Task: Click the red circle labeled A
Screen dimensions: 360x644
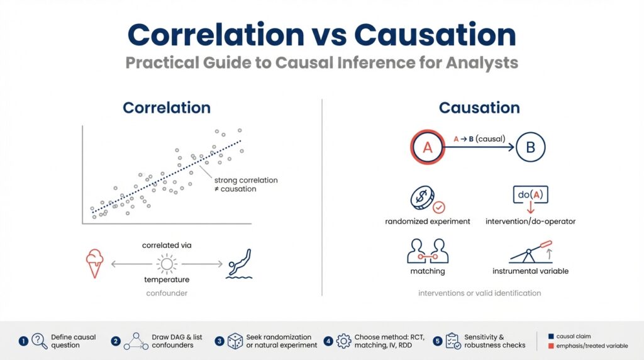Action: [428, 148]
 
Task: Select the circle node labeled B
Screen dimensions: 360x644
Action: [530, 148]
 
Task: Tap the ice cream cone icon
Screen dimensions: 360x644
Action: [95, 264]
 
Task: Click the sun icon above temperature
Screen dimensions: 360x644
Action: [167, 264]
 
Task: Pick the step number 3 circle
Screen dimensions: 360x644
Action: [219, 341]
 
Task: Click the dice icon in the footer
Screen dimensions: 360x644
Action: [235, 341]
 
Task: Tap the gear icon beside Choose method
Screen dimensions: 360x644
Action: [343, 341]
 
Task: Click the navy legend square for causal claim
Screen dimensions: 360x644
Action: [551, 337]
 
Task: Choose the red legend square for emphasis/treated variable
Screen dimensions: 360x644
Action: [551, 346]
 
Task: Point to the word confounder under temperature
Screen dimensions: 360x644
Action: [167, 293]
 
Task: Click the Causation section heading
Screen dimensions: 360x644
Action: [479, 108]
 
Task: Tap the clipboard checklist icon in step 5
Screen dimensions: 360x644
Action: [452, 341]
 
